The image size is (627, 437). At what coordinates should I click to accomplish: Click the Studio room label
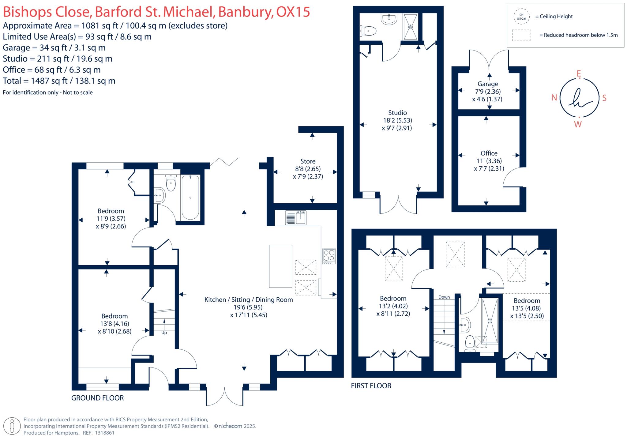[x=397, y=113]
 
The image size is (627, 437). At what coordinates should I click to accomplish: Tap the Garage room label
[x=488, y=84]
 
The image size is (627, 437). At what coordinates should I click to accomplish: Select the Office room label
[x=489, y=153]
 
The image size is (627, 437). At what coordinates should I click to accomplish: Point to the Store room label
[x=308, y=161]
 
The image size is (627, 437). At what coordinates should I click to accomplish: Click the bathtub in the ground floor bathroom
[x=190, y=198]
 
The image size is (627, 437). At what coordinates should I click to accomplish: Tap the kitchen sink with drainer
[x=296, y=218]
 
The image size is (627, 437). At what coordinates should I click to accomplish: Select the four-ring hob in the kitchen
[x=329, y=256]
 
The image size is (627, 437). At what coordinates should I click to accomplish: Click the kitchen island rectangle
[x=280, y=266]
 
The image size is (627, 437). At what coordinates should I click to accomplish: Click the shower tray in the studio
[x=410, y=27]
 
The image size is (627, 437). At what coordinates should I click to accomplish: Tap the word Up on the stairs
[x=164, y=333]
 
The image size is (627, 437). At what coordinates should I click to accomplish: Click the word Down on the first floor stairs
[x=444, y=297]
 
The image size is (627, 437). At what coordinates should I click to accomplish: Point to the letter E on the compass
[x=579, y=73]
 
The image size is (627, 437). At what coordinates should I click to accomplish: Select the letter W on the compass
[x=578, y=124]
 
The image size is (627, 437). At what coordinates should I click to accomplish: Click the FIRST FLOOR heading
[x=371, y=386]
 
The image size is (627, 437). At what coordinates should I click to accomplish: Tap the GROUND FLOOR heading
[x=97, y=398]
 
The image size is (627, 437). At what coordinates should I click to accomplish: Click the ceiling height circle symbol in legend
[x=521, y=17]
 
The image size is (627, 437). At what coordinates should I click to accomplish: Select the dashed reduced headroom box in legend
[x=521, y=35]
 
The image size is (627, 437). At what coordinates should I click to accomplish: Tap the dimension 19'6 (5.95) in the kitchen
[x=248, y=307]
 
